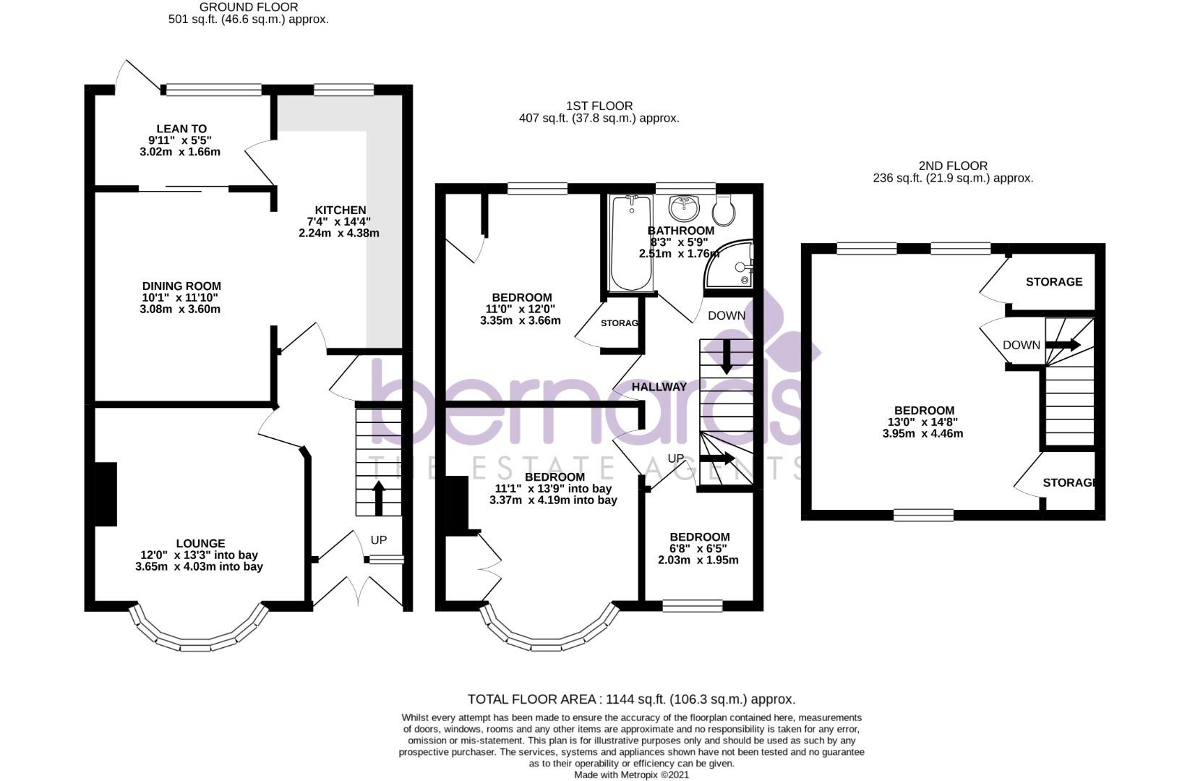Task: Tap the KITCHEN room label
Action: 340,210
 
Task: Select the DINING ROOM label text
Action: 181,286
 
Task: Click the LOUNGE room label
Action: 200,544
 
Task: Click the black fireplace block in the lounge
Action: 106,494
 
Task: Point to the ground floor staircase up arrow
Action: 378,497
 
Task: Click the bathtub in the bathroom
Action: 630,244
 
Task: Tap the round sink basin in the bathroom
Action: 684,208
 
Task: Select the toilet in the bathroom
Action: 724,209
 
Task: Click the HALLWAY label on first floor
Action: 659,388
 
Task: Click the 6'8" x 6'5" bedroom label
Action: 699,537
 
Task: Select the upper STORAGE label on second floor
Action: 1053,282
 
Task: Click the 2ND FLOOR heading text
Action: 953,166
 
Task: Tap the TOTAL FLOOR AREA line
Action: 631,699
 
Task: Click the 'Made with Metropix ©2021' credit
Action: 631,774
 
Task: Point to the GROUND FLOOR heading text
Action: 248,7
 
